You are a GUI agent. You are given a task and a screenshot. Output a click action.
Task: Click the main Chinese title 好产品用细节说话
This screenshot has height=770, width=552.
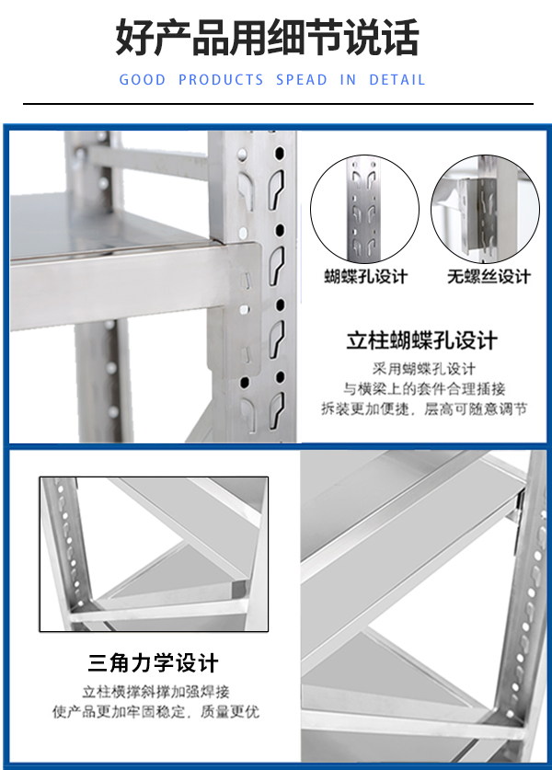[267, 38]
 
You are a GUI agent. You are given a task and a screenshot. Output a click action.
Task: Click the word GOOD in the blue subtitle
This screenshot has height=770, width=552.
[143, 80]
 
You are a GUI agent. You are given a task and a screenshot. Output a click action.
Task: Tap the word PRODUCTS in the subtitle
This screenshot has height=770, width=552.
[221, 80]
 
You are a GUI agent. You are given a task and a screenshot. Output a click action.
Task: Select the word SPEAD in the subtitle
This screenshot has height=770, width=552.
[302, 80]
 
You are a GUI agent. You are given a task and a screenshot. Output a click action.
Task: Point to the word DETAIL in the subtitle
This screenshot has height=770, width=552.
[397, 80]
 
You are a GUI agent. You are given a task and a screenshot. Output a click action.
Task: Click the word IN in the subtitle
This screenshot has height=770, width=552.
[348, 80]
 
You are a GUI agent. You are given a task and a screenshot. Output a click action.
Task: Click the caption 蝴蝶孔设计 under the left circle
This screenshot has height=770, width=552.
[366, 277]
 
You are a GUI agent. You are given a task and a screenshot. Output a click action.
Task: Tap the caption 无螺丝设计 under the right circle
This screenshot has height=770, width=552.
[489, 277]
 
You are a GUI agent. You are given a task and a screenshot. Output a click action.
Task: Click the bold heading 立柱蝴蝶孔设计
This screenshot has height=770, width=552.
[422, 340]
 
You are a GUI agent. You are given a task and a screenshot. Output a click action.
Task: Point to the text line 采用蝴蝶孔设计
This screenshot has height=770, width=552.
[424, 369]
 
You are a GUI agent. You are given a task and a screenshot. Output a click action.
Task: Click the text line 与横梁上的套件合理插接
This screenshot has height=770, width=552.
[424, 389]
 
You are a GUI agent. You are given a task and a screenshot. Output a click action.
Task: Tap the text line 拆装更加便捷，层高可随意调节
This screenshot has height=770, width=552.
[424, 408]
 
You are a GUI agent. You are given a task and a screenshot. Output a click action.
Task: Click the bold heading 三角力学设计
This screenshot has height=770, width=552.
[154, 663]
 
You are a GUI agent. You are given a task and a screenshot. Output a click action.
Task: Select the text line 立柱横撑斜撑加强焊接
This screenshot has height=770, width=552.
[155, 692]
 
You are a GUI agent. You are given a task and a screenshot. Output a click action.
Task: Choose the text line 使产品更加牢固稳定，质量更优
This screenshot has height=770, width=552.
[155, 711]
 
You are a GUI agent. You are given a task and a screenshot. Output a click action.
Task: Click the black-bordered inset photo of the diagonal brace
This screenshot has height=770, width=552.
[154, 554]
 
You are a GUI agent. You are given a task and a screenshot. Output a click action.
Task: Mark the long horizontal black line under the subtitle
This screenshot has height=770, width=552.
[278, 104]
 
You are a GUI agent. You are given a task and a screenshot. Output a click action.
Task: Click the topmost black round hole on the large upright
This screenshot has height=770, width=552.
[280, 154]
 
